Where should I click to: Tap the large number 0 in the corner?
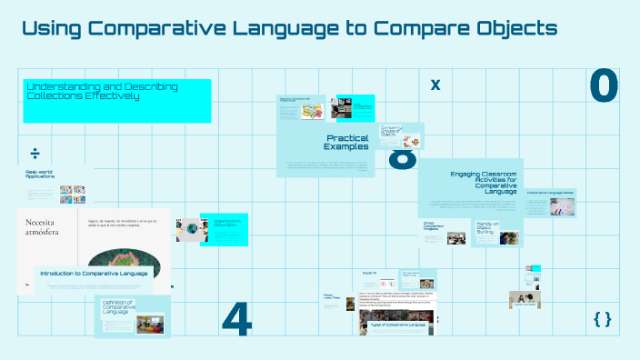tap(603, 86)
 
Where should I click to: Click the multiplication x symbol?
tap(435, 85)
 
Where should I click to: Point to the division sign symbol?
tap(35, 152)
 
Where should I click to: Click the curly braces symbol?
tap(602, 318)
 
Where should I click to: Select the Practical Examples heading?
tap(347, 142)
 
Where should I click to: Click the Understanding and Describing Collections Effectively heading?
tap(102, 91)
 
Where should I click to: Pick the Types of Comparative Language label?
tap(398, 324)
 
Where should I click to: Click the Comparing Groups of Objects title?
tap(391, 131)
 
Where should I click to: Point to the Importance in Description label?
tap(225, 223)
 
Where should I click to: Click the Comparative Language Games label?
tap(549, 193)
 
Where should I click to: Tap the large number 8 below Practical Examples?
tap(403, 160)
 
